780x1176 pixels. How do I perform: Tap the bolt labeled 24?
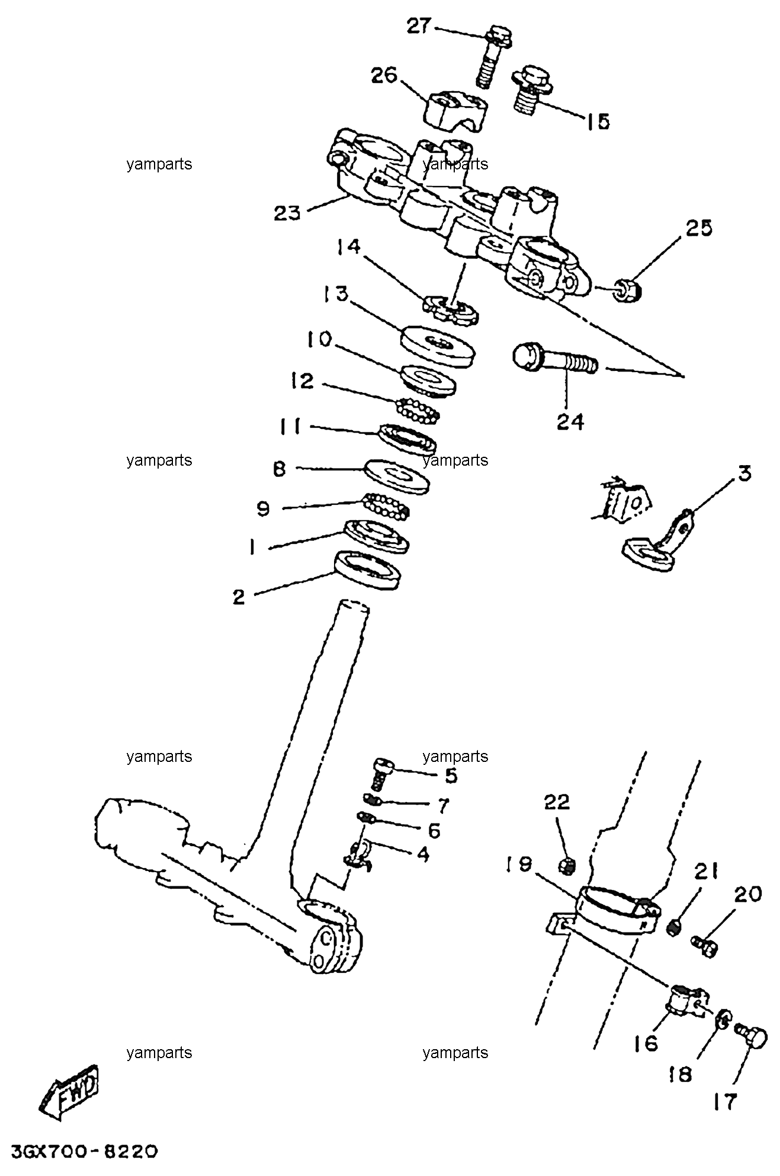(555, 360)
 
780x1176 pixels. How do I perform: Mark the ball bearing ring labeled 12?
(418, 409)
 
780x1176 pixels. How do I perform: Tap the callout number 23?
(287, 213)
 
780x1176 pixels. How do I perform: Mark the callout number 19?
(519, 864)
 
